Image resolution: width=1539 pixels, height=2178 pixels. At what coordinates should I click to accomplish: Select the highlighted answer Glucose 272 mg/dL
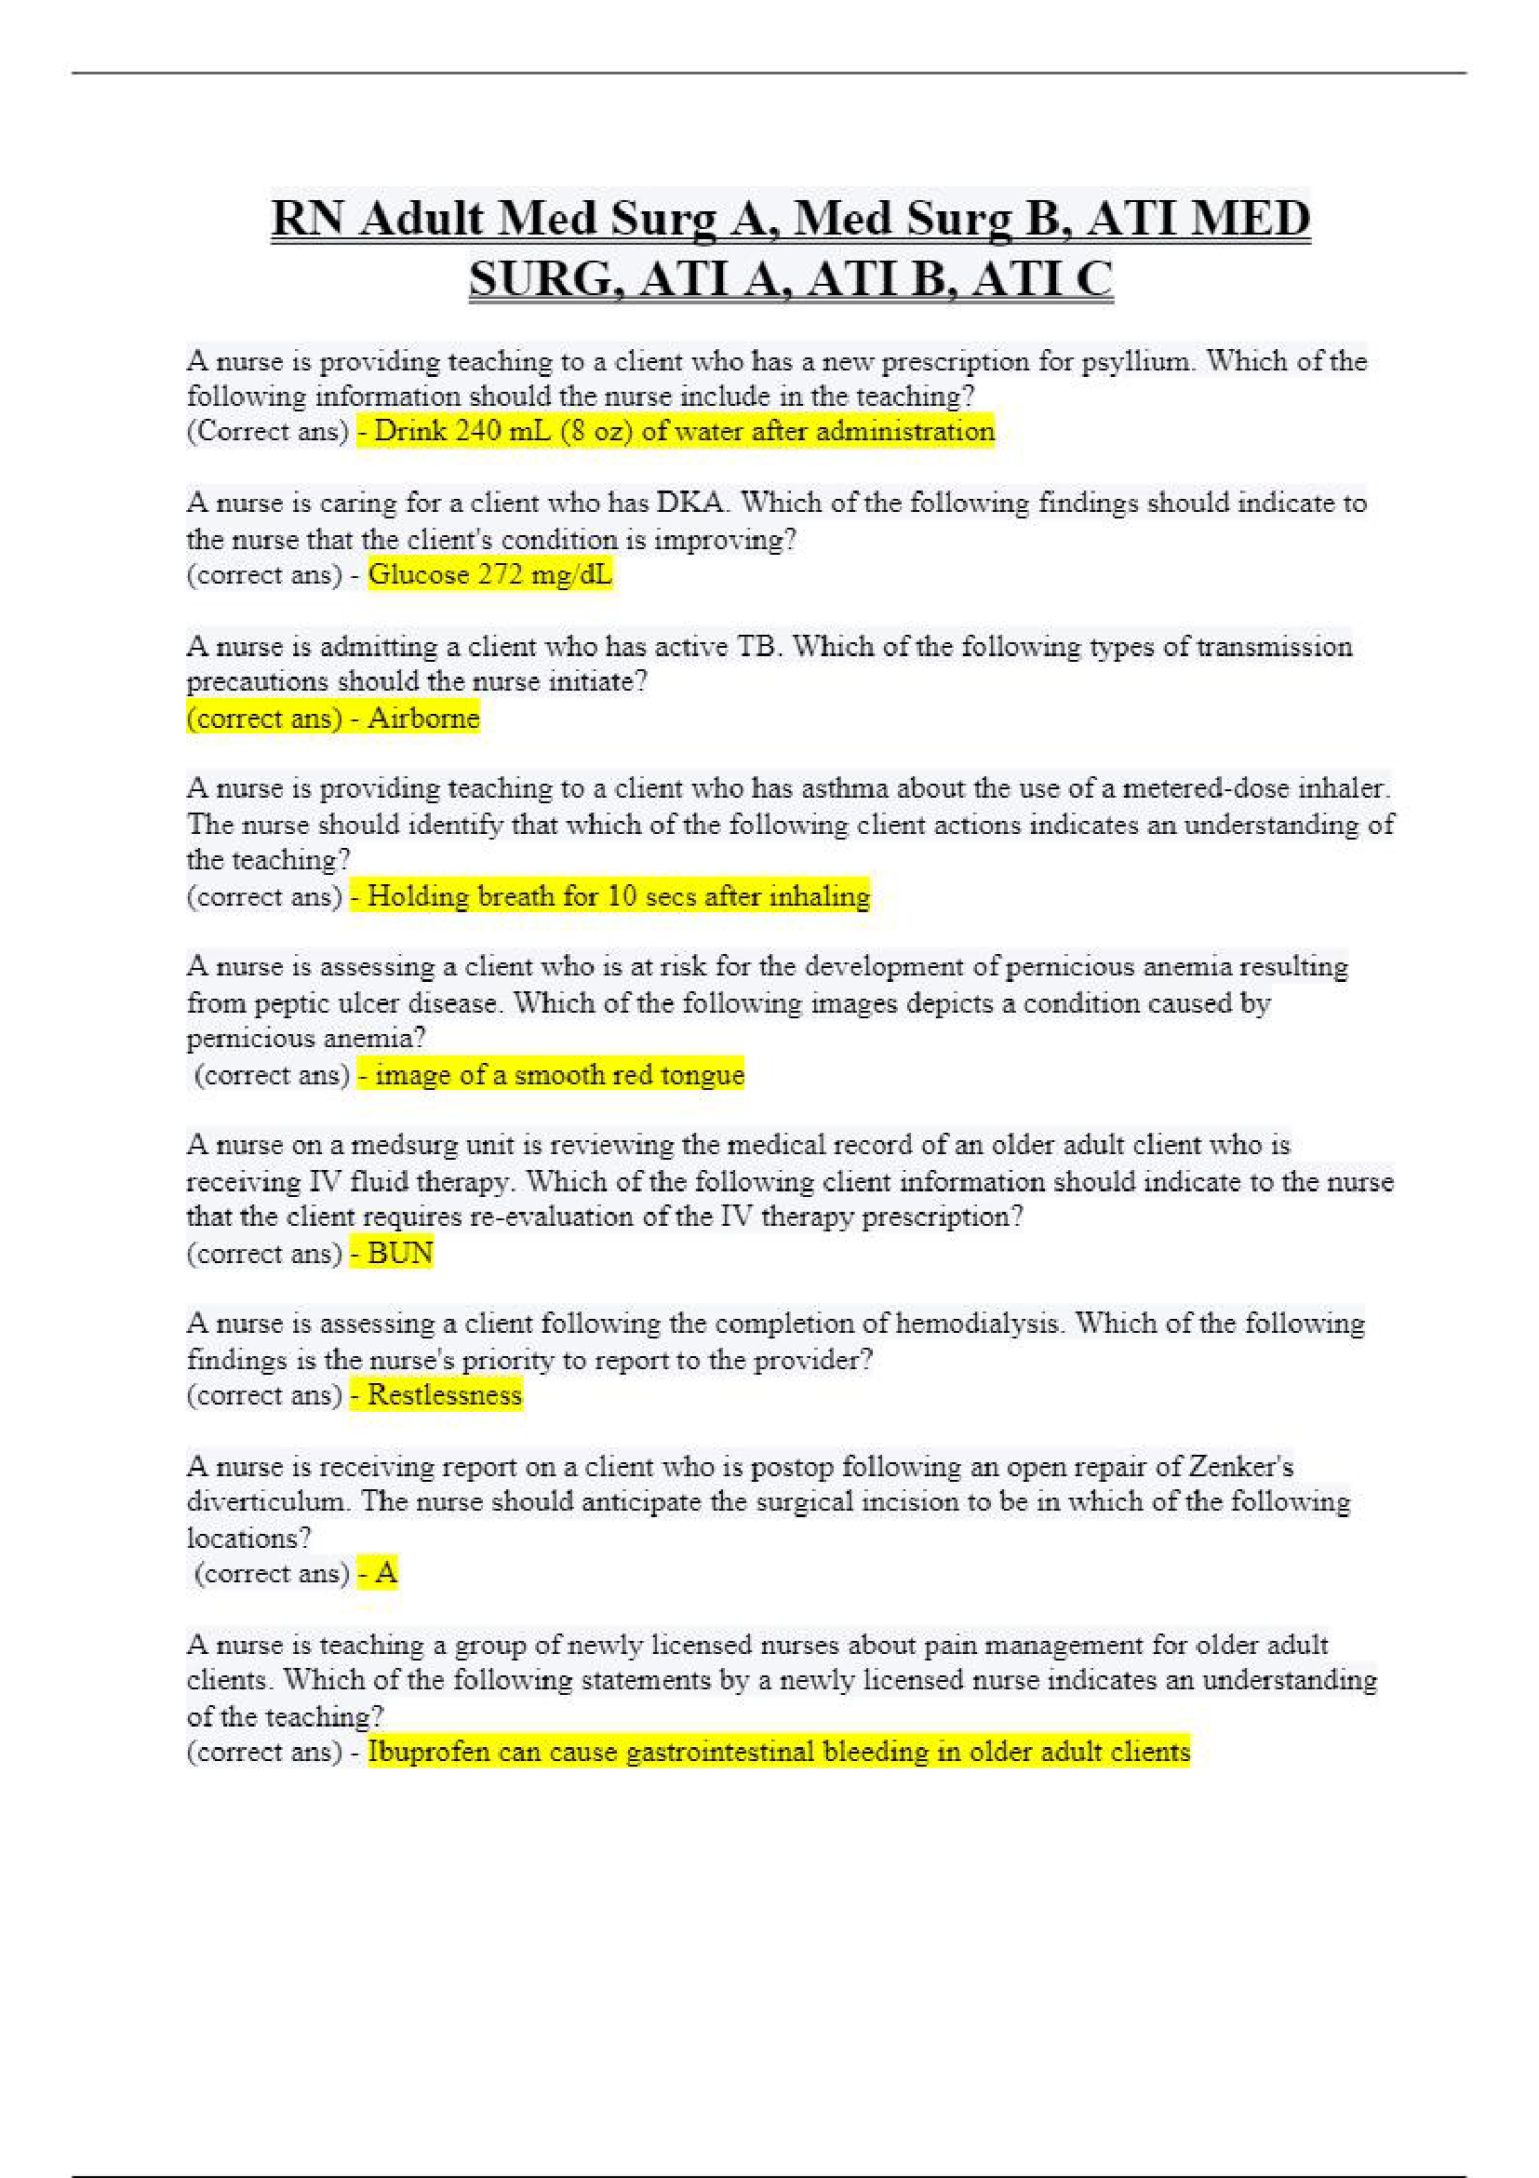pyautogui.click(x=489, y=575)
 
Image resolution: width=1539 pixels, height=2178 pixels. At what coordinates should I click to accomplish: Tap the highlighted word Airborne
pyautogui.click(x=423, y=719)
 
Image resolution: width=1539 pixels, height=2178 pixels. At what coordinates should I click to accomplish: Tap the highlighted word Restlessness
pyautogui.click(x=444, y=1395)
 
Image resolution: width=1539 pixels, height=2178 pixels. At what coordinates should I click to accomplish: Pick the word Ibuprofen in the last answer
pyautogui.click(x=429, y=1752)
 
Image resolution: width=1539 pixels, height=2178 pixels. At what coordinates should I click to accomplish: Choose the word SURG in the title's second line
pyautogui.click(x=544, y=280)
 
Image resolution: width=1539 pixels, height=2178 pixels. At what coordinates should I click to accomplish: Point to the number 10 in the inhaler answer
pyautogui.click(x=622, y=896)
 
